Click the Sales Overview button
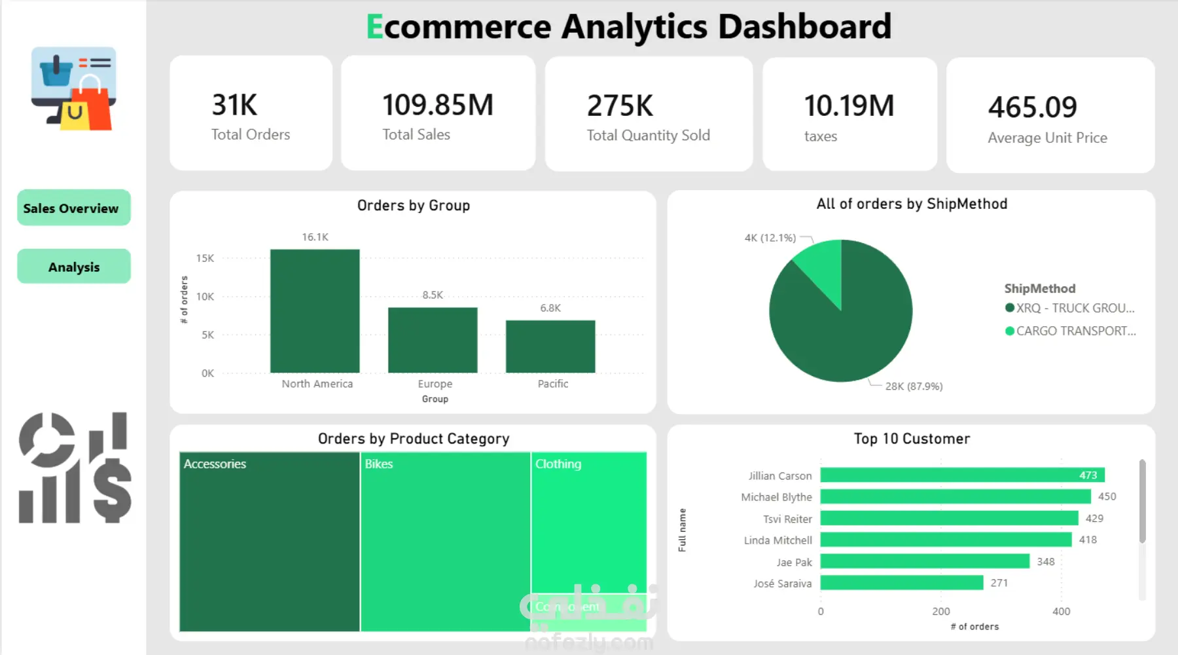[x=73, y=208]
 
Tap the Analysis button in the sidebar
[x=73, y=267]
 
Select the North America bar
[x=315, y=311]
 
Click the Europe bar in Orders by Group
[x=433, y=340]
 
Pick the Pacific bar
[x=550, y=346]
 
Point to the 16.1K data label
[x=315, y=237]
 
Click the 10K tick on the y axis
[x=205, y=297]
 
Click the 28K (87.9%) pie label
[x=914, y=386]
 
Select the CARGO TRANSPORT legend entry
[x=1075, y=331]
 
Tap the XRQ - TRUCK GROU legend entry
[x=1074, y=309]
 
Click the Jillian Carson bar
[x=962, y=475]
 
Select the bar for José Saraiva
[x=902, y=583]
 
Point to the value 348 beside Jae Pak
[x=1046, y=562]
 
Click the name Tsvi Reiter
[x=787, y=519]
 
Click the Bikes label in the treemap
[x=379, y=464]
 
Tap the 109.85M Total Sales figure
[x=438, y=105]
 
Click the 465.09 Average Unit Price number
[x=1032, y=107]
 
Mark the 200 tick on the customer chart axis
[x=941, y=612]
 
